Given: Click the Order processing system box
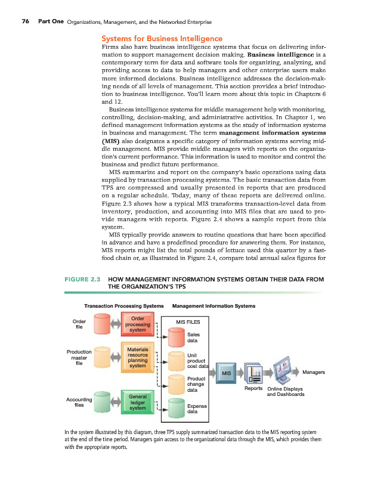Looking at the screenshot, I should (x=138, y=324).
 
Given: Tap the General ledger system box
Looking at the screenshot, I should (x=138, y=402).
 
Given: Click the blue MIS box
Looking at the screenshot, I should (x=227, y=373).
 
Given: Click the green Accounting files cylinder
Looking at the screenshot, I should (x=102, y=404).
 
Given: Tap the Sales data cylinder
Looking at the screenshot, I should (x=177, y=338).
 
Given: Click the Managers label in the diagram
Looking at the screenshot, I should (x=314, y=373).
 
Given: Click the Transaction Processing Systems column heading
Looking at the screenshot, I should (x=124, y=306).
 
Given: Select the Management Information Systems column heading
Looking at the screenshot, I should (x=214, y=306).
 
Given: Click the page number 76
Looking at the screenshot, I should (x=26, y=21).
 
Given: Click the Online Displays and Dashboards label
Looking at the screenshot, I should (x=285, y=392).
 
